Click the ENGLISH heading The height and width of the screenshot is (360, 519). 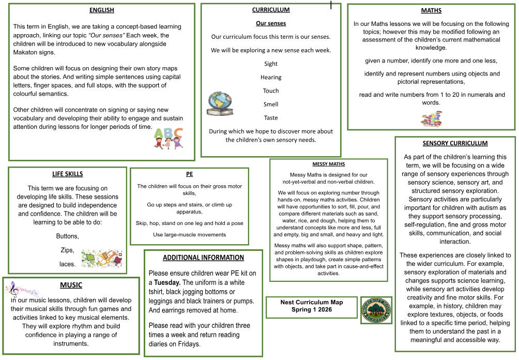coord(101,10)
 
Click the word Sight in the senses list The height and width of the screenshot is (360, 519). coord(271,64)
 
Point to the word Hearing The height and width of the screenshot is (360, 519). coord(271,77)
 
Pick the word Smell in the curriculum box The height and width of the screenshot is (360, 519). coord(271,104)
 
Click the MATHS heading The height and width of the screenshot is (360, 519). coord(431,10)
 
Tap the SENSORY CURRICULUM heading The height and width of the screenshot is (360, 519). coord(455,143)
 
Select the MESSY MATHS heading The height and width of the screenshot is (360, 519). coord(329,164)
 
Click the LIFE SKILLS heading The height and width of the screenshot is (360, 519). coord(67,174)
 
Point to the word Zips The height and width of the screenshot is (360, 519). coord(67,250)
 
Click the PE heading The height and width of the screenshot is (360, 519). coord(189,174)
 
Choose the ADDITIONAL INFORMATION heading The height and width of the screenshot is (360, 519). coord(203,258)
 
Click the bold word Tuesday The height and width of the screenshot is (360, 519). coord(167,282)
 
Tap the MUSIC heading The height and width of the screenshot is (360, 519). coord(71,284)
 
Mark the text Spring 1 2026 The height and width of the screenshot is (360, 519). coord(312,309)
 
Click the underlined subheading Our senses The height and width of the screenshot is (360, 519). coord(271,23)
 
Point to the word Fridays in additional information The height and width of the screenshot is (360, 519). coord(187,344)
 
